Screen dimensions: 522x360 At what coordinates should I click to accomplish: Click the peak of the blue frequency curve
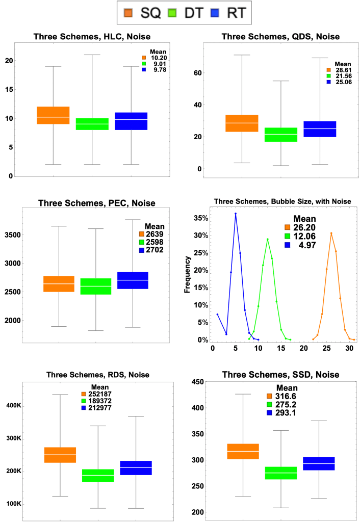point(236,214)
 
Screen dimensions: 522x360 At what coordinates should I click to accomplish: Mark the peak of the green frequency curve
point(267,239)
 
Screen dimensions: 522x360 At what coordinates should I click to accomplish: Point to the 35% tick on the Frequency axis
point(199,218)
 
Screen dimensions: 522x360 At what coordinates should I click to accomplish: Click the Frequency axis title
point(188,276)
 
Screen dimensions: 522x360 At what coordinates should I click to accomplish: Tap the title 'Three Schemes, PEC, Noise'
point(96,203)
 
